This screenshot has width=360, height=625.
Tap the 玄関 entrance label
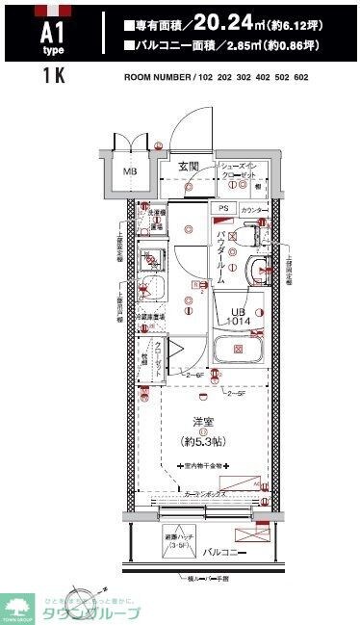(188, 167)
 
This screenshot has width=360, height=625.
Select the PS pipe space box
(223, 209)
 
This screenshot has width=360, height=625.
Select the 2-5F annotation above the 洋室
(236, 394)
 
